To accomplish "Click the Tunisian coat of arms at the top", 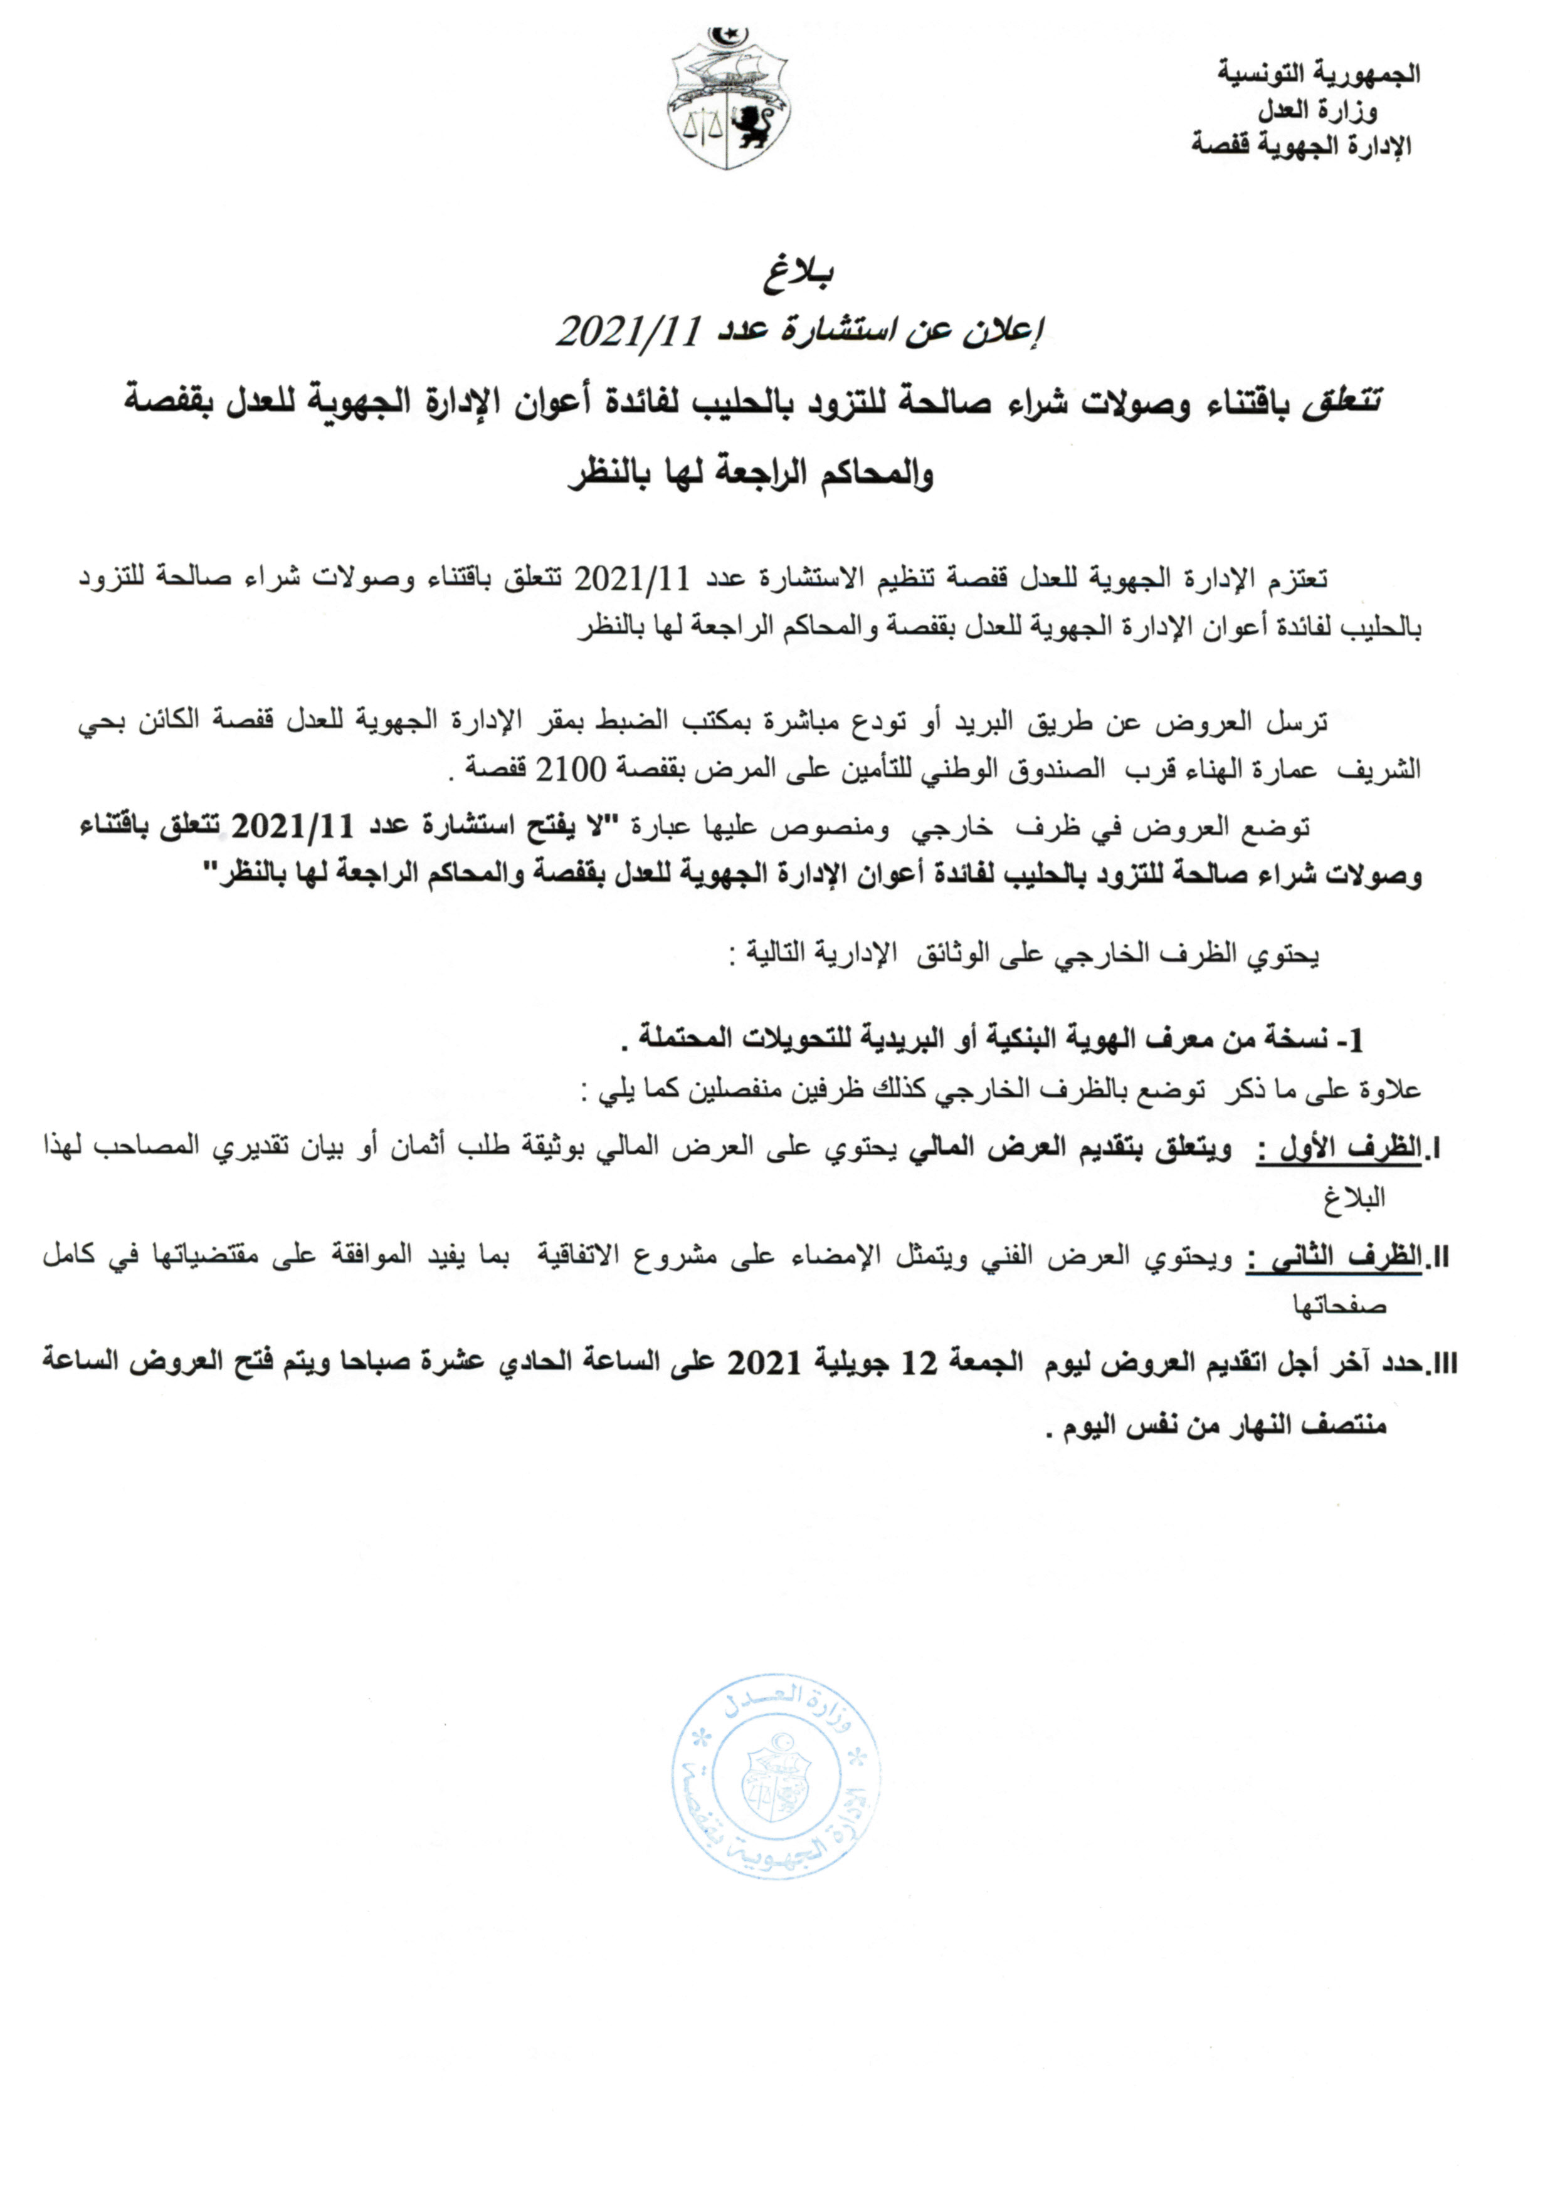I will (x=729, y=100).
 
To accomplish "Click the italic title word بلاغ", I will (x=799, y=275).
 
